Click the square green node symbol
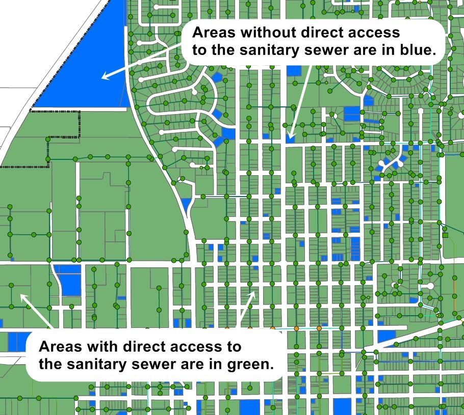pyautogui.click(x=445, y=235)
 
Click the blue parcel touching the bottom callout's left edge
pyautogui.click(x=18, y=340)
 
